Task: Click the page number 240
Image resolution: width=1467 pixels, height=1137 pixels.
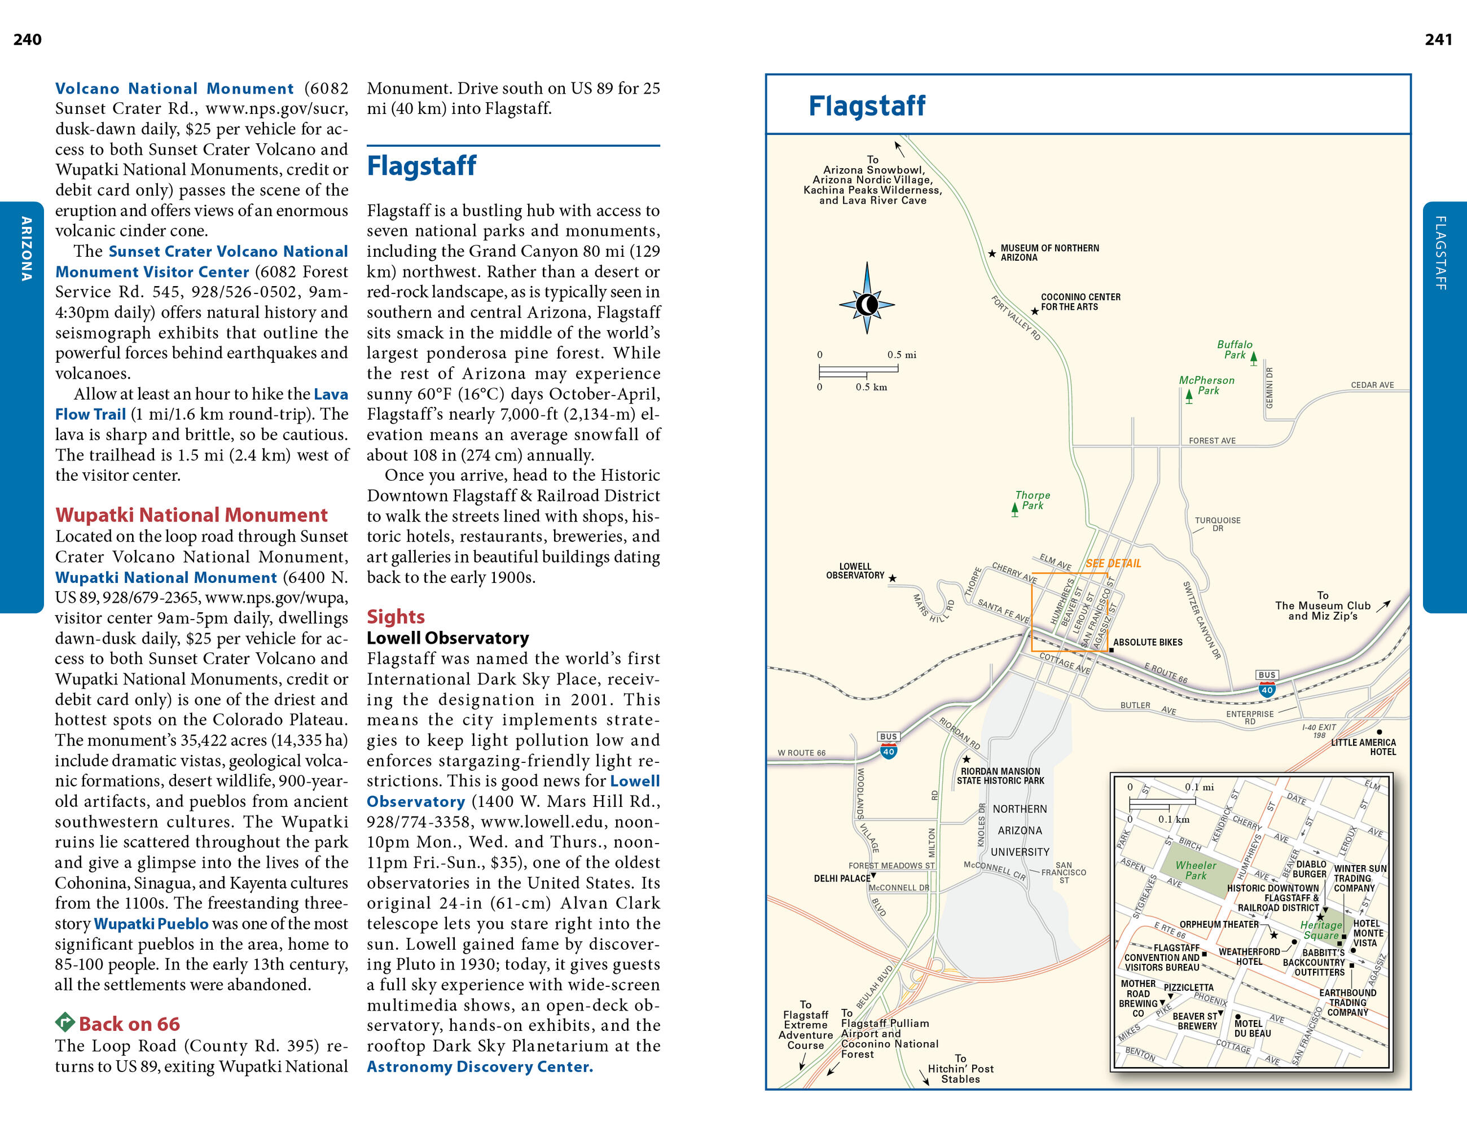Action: (x=28, y=39)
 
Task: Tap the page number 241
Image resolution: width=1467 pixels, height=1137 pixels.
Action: (x=1438, y=39)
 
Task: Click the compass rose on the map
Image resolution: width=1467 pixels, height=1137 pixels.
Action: (x=867, y=304)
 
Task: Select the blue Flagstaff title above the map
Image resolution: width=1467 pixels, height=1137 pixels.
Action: (x=867, y=106)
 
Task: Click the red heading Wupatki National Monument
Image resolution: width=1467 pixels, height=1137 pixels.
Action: (x=191, y=515)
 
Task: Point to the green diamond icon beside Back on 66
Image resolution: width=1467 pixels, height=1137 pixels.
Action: (x=64, y=1023)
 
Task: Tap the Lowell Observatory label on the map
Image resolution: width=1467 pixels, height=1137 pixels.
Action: (x=855, y=571)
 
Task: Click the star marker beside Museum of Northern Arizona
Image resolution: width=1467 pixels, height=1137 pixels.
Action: (x=991, y=254)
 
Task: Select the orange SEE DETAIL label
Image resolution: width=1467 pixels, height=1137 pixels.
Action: (x=1113, y=564)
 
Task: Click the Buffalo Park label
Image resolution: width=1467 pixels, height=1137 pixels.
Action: (x=1235, y=350)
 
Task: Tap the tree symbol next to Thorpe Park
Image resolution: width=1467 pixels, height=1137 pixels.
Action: (x=1014, y=510)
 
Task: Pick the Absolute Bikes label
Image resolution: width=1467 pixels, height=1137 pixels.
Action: (x=1148, y=643)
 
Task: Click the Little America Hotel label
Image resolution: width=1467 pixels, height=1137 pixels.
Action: (x=1364, y=747)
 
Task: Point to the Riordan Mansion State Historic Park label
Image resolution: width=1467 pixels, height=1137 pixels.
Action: (x=1001, y=776)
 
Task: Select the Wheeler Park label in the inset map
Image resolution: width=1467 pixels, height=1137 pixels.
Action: (x=1196, y=870)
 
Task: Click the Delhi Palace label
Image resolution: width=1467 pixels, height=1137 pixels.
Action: (x=842, y=879)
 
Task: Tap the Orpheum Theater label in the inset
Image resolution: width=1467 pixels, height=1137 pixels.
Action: (x=1219, y=925)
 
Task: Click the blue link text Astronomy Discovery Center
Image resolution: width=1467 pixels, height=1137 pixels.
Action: (x=480, y=1066)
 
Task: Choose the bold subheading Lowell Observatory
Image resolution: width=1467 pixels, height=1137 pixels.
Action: (x=447, y=638)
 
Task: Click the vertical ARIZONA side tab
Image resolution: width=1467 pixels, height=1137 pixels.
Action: (x=25, y=248)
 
